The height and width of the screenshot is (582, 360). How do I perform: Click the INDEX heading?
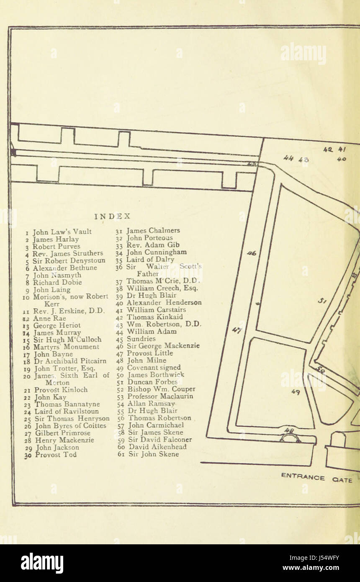coord(113,216)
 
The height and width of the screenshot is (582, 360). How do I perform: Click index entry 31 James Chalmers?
coord(148,231)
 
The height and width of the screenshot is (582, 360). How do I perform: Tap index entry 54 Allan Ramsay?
coord(146,404)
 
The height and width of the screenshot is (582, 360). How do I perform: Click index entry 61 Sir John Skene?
coord(149,454)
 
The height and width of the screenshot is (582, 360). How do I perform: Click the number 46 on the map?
coord(251,253)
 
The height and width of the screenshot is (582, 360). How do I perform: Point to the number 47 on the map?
coord(237,331)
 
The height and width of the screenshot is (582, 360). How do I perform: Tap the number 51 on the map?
coord(322,300)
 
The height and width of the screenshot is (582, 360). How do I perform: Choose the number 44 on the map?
coord(288,158)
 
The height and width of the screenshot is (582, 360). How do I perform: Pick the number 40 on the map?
coord(342,159)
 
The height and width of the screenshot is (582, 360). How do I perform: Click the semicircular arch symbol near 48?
coord(291,438)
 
